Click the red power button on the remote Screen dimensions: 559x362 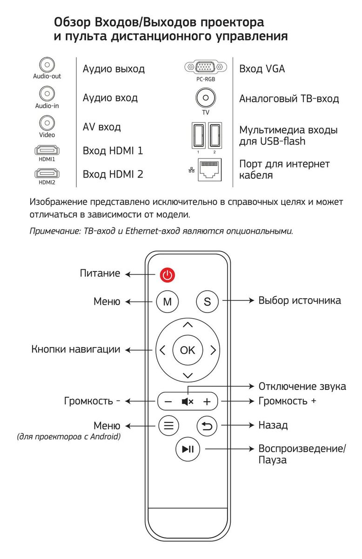pos(168,275)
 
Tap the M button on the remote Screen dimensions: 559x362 pos(168,301)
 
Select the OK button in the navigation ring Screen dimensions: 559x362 pos(188,350)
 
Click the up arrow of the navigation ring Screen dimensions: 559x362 pos(188,325)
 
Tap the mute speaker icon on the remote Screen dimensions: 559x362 pos(188,402)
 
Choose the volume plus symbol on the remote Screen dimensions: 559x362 pos(207,402)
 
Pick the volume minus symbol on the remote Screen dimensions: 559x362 pos(168,402)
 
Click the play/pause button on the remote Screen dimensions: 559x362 pos(188,449)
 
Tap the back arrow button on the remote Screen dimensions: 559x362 pos(207,425)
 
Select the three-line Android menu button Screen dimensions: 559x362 pos(168,425)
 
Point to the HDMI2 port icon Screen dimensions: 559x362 pos(47,174)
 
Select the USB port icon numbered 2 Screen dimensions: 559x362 pos(215,135)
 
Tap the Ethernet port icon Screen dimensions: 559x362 pos(210,170)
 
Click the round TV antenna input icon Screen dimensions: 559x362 pos(205,98)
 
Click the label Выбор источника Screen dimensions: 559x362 pos(299,300)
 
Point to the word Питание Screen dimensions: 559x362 pos(100,273)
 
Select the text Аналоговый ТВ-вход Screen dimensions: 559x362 pos(289,99)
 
